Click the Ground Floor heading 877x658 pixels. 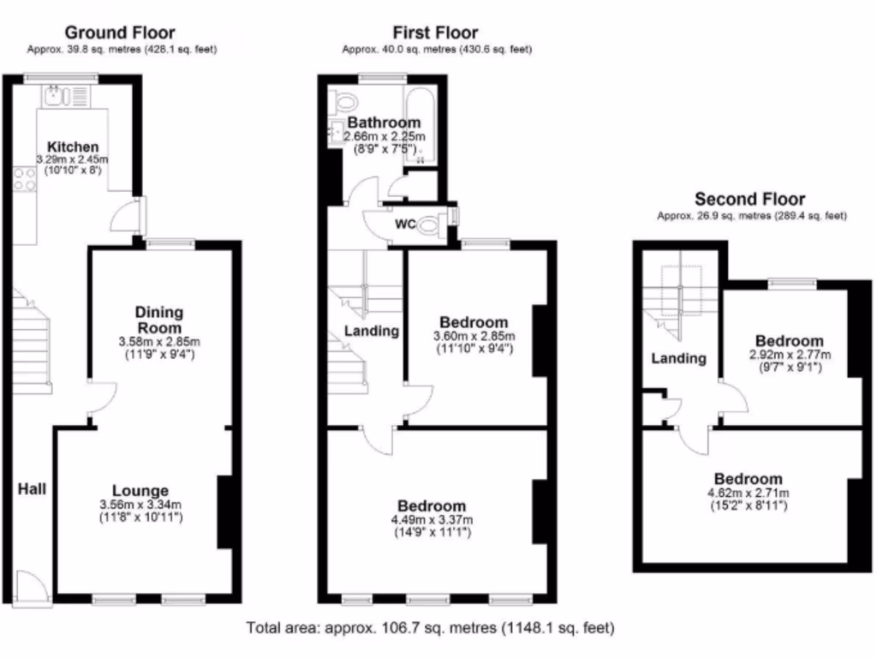(x=122, y=33)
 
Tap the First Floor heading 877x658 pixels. (x=435, y=33)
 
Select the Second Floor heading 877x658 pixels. (x=751, y=200)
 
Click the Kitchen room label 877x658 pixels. (x=73, y=147)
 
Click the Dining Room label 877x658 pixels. (x=158, y=320)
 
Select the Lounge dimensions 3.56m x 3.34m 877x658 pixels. (x=140, y=505)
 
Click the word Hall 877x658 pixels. (x=33, y=489)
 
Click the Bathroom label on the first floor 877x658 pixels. (x=384, y=123)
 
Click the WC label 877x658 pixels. (x=405, y=224)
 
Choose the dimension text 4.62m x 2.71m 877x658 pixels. (x=748, y=493)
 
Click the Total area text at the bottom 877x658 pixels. (x=430, y=628)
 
